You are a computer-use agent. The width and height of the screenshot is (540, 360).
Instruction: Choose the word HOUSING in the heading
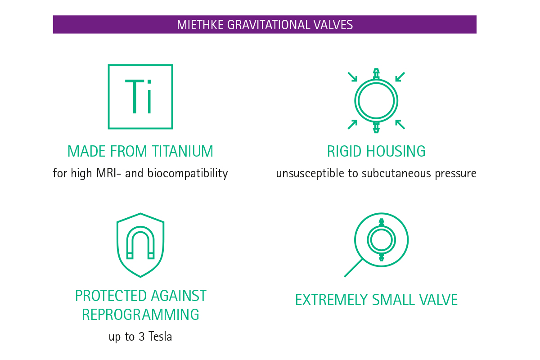tap(396, 151)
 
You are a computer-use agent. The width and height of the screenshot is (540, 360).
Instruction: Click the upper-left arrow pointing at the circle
tap(352, 77)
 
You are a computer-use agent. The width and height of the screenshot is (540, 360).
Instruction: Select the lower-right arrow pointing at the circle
tap(400, 124)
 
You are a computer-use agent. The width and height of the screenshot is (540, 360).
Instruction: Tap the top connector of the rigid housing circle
tap(376, 74)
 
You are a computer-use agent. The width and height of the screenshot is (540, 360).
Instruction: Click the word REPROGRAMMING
tap(140, 314)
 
